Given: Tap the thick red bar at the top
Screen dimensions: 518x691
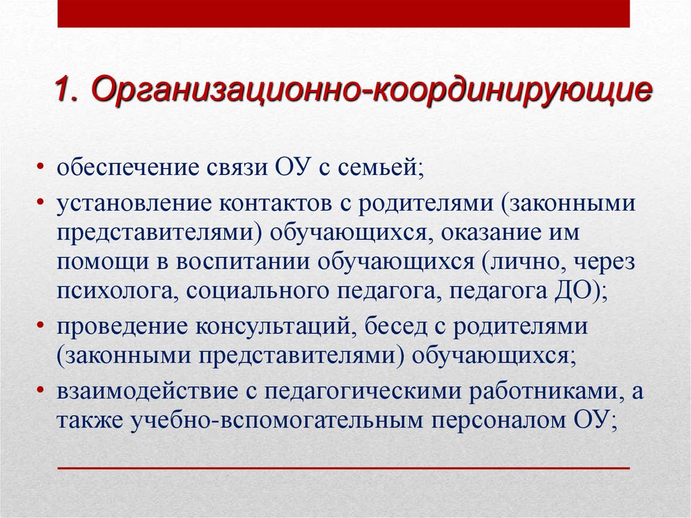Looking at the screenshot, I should click(x=343, y=14).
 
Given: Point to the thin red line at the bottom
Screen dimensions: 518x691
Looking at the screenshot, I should click(x=343, y=467).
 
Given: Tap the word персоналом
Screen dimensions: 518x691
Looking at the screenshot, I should click(x=500, y=421).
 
